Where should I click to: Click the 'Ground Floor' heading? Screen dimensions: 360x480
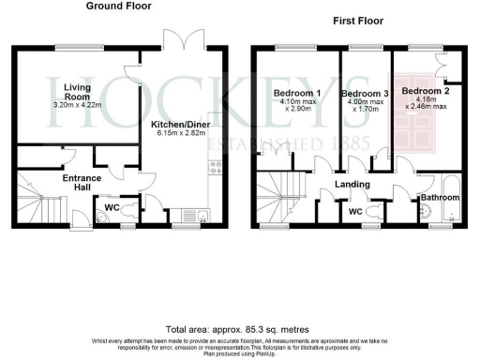click(119, 7)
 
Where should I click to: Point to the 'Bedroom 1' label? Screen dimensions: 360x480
click(296, 94)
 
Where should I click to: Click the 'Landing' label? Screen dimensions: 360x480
click(352, 185)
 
